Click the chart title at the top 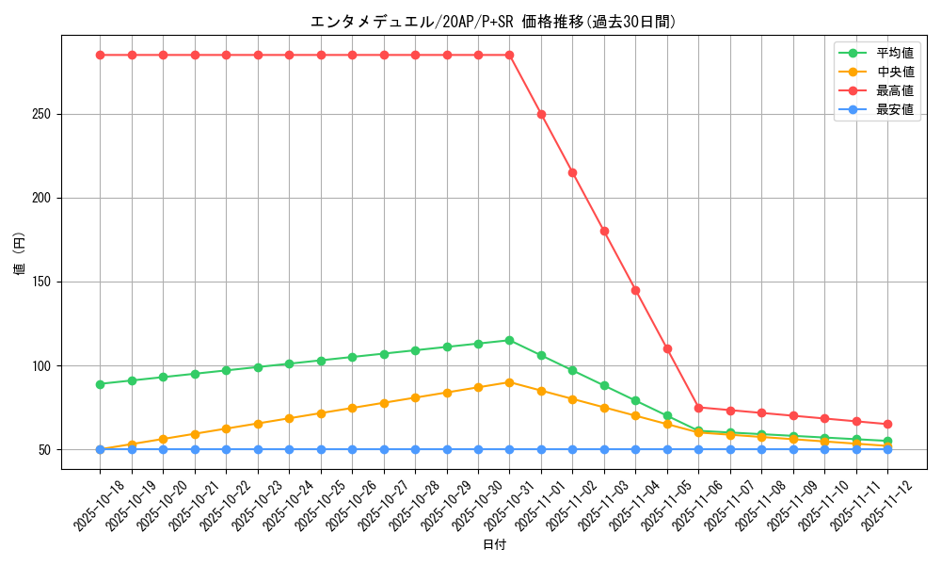click(x=493, y=22)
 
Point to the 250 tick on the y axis click(x=43, y=114)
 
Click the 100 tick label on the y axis click(x=43, y=365)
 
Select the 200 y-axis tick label click(x=43, y=198)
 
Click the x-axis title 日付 click(x=493, y=544)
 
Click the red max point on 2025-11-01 click(x=541, y=114)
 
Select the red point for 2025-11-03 click(x=604, y=231)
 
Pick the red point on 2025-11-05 click(x=667, y=348)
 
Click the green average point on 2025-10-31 click(x=509, y=340)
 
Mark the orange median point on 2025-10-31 click(x=509, y=382)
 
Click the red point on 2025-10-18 click(x=100, y=55)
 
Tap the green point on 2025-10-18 click(x=100, y=384)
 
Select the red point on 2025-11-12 click(x=887, y=424)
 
